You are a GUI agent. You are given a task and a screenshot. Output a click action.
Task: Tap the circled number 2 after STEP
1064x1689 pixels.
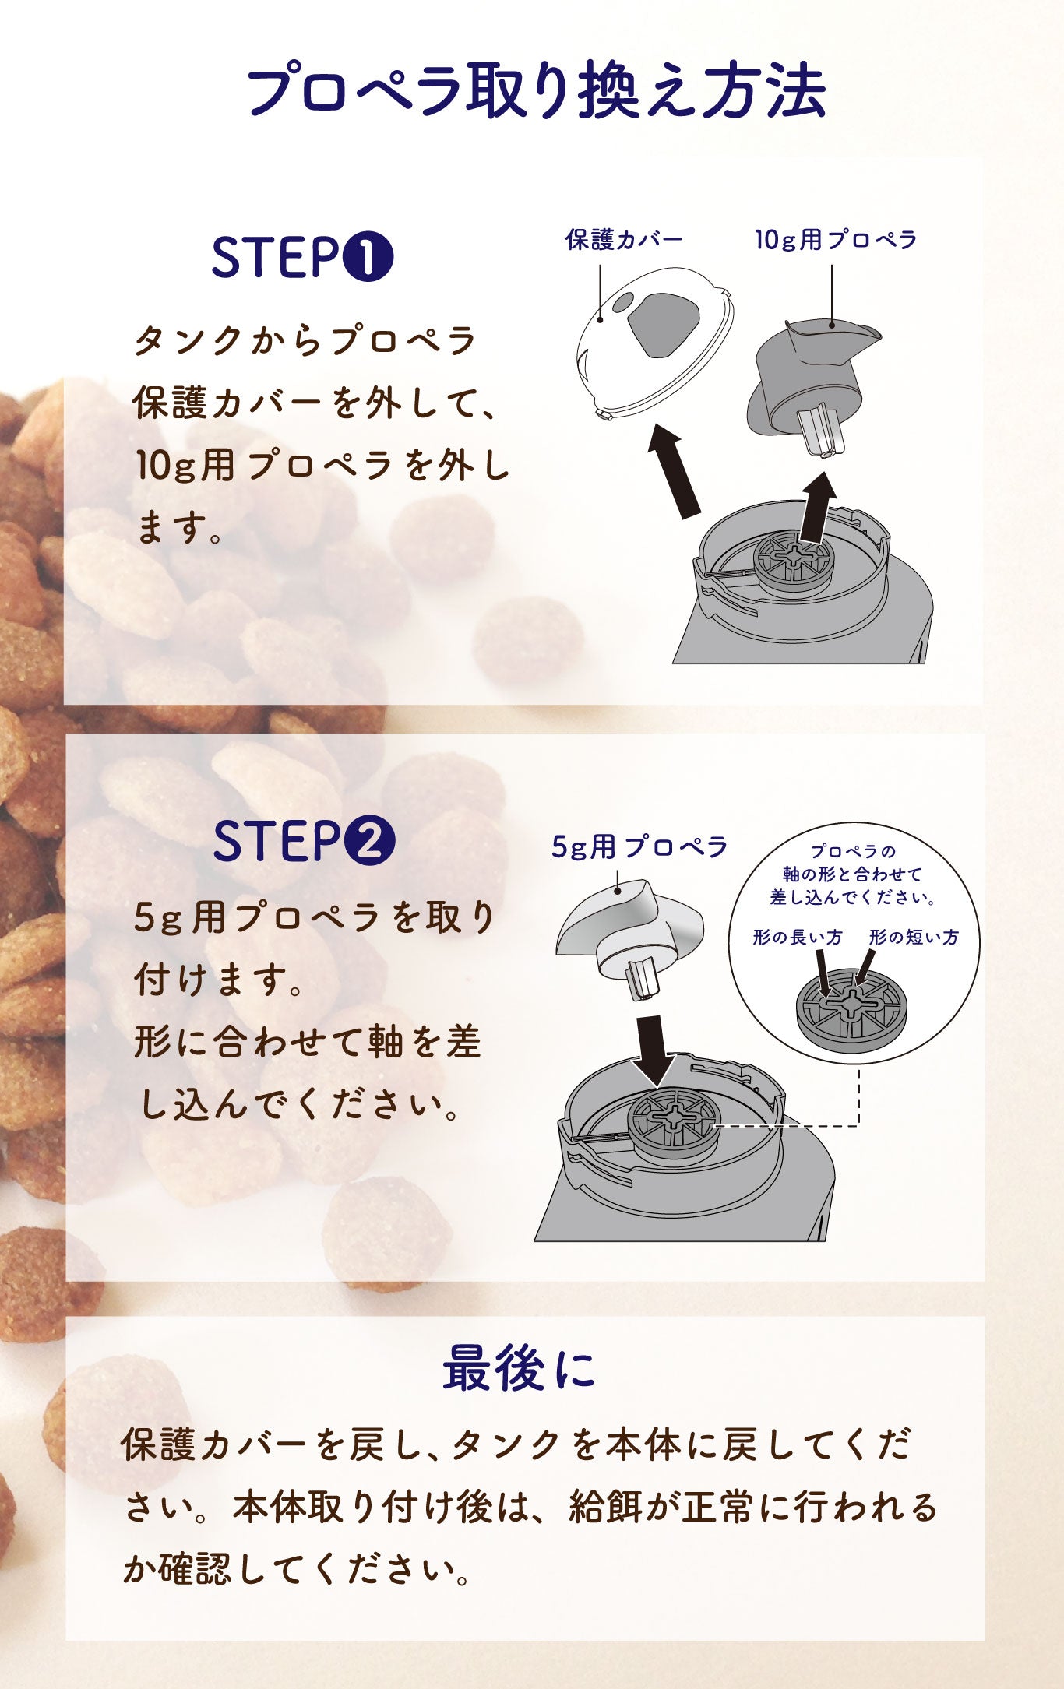point(368,841)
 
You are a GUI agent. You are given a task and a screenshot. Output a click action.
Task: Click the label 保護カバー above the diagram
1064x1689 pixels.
point(624,240)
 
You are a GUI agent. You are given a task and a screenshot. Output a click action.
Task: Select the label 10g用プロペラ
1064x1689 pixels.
point(836,240)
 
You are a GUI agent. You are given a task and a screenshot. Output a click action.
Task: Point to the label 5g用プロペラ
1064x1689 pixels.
point(639,846)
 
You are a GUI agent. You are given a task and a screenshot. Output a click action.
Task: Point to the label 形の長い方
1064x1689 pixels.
point(798,937)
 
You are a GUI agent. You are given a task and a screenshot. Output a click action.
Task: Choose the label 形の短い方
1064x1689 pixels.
point(914,937)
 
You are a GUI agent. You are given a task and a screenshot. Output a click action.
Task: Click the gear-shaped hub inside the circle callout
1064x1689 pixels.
point(853,1007)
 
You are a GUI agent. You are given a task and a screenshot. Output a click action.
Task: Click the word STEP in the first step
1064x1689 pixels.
point(276,258)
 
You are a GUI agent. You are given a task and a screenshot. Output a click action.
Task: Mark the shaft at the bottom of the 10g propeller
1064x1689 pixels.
point(820,431)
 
